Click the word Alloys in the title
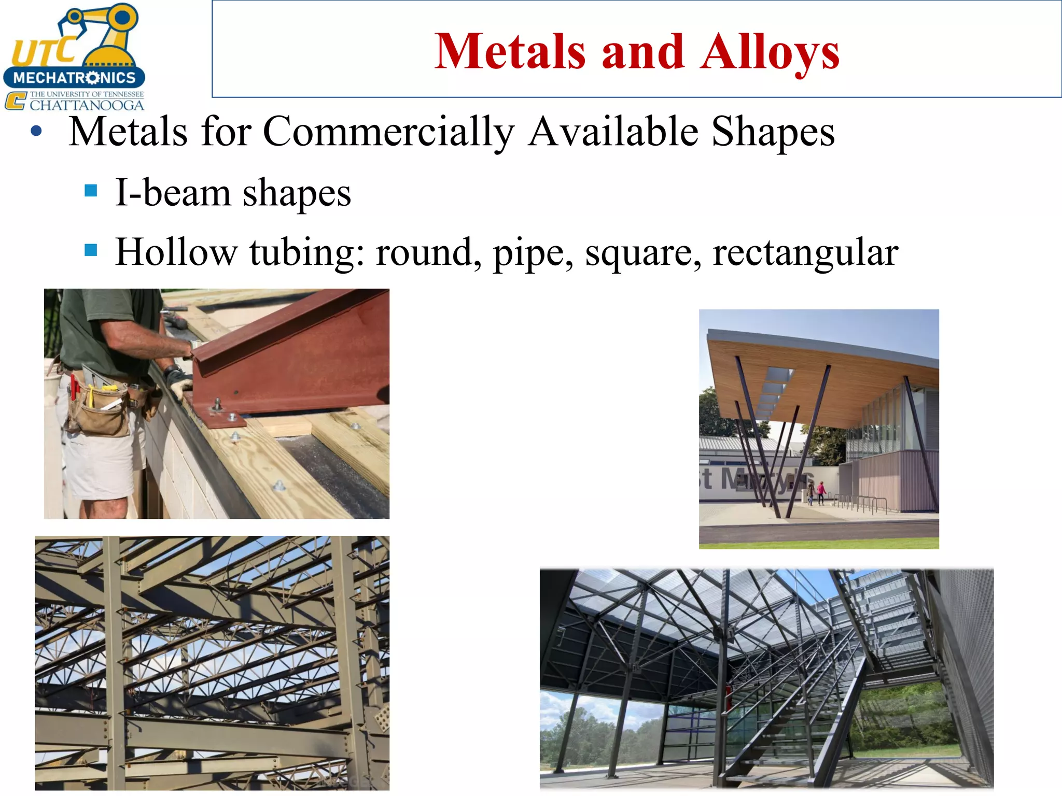(x=770, y=52)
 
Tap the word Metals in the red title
(x=510, y=52)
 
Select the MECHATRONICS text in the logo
(x=74, y=78)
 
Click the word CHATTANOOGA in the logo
(x=87, y=105)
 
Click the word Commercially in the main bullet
(x=388, y=132)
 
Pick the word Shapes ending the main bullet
(x=773, y=132)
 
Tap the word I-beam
(x=173, y=193)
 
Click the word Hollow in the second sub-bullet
(x=176, y=252)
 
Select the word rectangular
(x=805, y=252)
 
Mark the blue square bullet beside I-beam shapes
(x=91, y=191)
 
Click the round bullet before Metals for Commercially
(x=36, y=131)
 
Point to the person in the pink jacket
(x=821, y=491)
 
